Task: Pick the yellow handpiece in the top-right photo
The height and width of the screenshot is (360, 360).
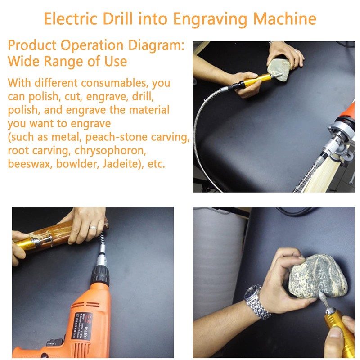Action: (x=256, y=81)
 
